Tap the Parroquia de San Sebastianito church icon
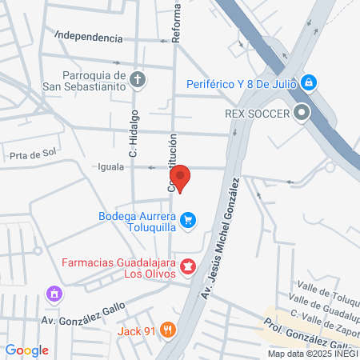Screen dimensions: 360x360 coord(138,79)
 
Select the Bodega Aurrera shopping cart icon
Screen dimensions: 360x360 coord(188,219)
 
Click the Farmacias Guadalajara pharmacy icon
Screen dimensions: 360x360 coord(188,266)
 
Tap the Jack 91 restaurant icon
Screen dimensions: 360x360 coord(167,329)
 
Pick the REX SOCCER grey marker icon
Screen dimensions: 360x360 coord(302,113)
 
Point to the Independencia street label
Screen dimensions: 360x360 coord(89,38)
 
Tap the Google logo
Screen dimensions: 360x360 coord(26,350)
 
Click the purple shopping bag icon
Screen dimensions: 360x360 coord(54,294)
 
